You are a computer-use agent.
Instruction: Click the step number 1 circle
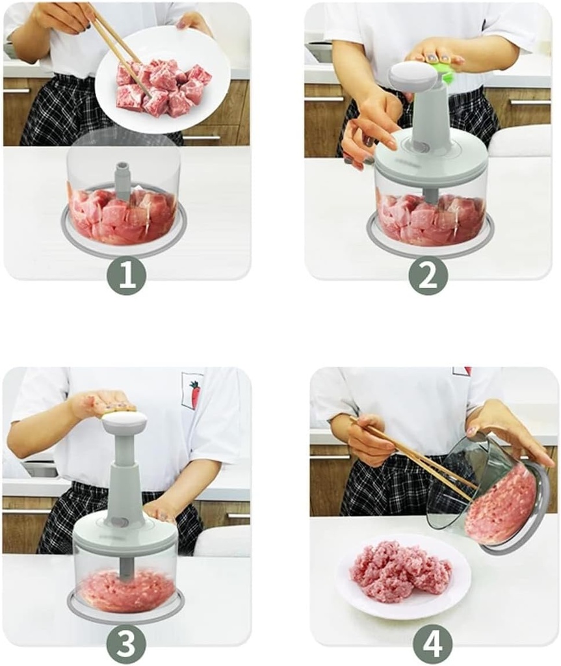coord(126,276)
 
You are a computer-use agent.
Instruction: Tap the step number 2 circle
coord(428,276)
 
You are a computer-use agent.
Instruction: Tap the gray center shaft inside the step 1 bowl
coord(122,177)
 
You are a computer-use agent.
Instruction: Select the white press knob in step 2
coord(413,76)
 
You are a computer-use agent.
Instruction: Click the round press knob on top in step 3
coord(124,423)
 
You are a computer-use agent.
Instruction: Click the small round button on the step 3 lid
coord(118,521)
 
